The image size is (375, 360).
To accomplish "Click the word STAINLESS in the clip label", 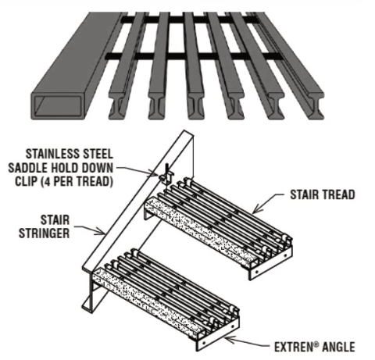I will tap(56, 153).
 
